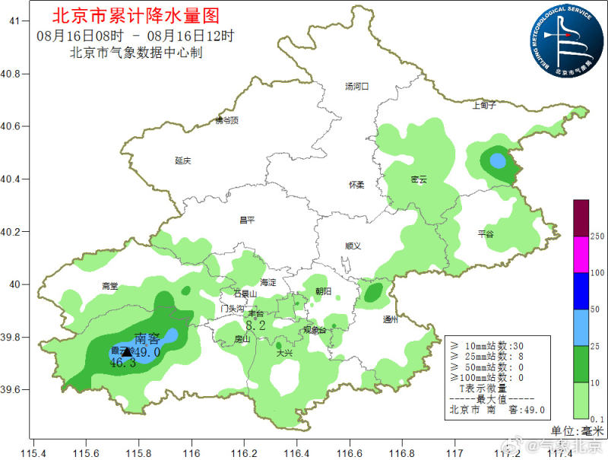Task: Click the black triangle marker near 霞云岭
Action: [x=126, y=351]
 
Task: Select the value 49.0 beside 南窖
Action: [x=147, y=352]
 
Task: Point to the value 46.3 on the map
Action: [x=122, y=363]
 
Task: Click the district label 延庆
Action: [x=182, y=160]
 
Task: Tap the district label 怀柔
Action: [x=356, y=185]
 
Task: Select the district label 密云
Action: [x=419, y=179]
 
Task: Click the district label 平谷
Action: [x=486, y=234]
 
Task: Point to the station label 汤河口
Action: [x=356, y=87]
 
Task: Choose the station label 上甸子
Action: [x=484, y=105]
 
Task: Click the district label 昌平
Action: [x=247, y=220]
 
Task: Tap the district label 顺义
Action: [x=353, y=246]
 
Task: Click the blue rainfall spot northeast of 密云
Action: [x=497, y=161]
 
